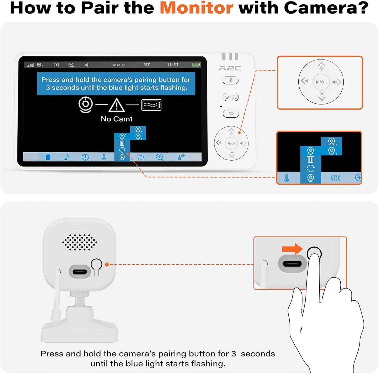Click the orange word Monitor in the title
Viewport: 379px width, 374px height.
point(196,8)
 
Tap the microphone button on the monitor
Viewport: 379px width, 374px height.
point(230,80)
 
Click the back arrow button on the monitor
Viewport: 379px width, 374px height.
point(231,114)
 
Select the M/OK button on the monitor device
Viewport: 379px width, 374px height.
point(231,143)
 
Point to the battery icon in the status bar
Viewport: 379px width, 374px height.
point(196,65)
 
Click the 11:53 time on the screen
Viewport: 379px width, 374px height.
point(173,65)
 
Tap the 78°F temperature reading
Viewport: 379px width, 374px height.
point(147,65)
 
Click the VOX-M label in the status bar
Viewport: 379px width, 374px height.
point(119,65)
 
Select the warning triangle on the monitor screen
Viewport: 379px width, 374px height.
point(116,105)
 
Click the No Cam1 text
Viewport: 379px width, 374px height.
point(117,119)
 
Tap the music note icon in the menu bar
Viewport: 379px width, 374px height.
point(66,157)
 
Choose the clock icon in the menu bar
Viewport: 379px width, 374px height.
point(85,157)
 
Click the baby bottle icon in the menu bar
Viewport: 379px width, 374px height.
point(48,157)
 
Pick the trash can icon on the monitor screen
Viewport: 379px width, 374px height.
point(122,143)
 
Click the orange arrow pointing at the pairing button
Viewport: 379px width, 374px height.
point(292,249)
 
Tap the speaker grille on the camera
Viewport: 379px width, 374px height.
point(80,242)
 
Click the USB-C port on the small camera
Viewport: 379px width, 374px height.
point(80,272)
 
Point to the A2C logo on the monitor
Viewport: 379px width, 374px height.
point(230,68)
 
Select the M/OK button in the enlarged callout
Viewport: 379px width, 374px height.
point(321,82)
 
